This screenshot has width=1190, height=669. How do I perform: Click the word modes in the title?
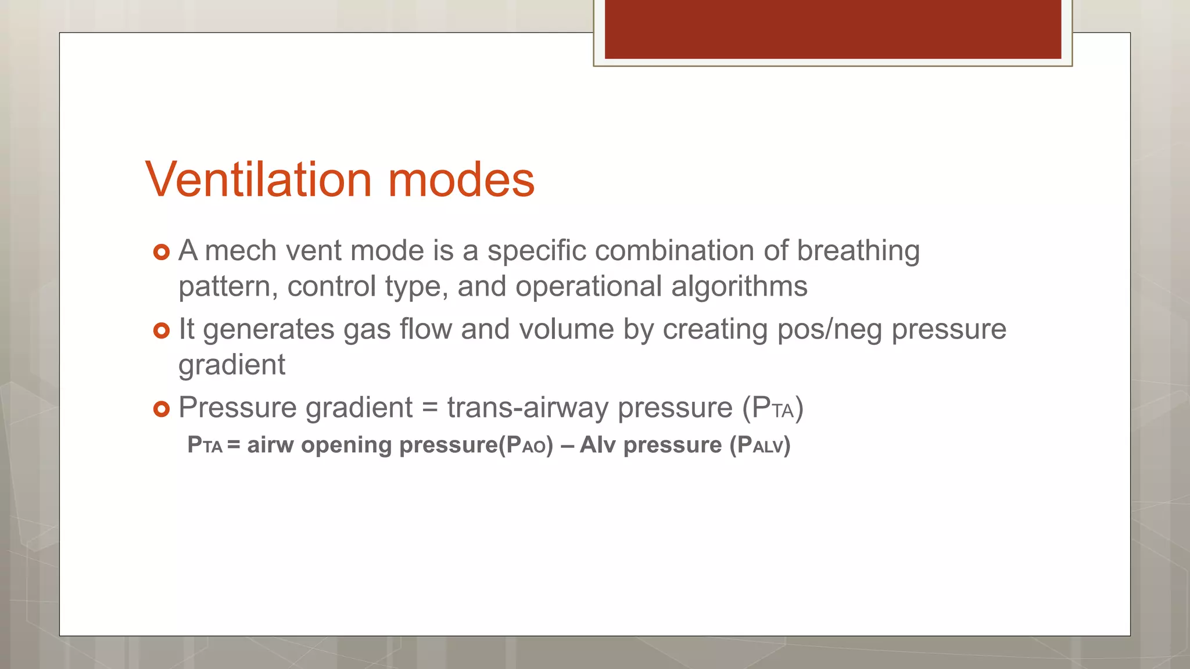coord(461,179)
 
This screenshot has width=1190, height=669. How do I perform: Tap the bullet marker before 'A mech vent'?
coord(161,252)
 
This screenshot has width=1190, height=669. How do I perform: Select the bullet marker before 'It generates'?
coord(161,330)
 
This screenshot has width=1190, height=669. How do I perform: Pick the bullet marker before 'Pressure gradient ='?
coord(161,409)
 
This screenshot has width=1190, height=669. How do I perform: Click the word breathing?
coord(858,252)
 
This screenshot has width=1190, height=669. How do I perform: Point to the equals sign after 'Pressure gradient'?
coord(429,408)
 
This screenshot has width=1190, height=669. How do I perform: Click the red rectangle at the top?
coord(833,29)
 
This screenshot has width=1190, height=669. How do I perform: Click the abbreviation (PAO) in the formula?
coord(526,445)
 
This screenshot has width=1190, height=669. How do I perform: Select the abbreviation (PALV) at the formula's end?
coord(760,445)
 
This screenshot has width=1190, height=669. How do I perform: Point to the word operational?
coord(588,286)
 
